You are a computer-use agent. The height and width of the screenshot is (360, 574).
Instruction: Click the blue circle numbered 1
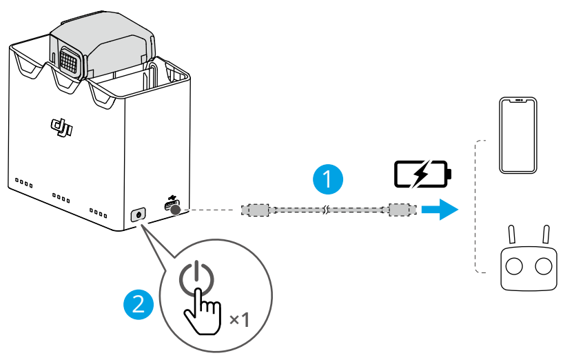point(327,179)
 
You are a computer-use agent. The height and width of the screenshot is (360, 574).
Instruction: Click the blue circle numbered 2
point(138,303)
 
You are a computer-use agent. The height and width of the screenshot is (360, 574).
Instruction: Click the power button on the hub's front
point(139,214)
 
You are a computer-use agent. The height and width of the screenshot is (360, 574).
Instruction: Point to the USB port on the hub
point(174,209)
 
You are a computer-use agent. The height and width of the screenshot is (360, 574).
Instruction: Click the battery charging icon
point(422,174)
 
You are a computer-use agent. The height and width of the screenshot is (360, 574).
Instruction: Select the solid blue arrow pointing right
point(440,209)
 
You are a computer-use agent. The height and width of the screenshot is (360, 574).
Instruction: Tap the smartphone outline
point(518,136)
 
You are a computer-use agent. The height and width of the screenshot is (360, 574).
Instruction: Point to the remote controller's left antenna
point(511,235)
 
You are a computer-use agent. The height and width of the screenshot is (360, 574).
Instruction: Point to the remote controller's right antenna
point(546,235)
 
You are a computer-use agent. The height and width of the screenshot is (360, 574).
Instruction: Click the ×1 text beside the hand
point(238,319)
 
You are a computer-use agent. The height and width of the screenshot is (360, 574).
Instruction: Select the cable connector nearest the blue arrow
point(400,209)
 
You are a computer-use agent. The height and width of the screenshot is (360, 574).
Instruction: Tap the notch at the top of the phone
point(518,101)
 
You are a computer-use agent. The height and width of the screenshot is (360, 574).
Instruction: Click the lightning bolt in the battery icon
point(420,174)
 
